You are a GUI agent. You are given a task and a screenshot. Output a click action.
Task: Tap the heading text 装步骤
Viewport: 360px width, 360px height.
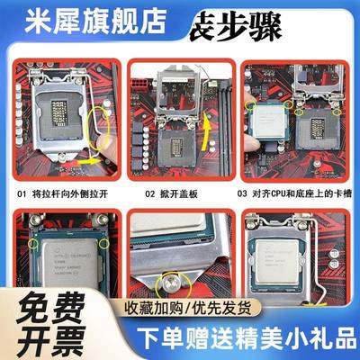click(x=220, y=31)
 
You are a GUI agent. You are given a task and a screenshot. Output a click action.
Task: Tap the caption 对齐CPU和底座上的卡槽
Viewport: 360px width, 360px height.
click(x=301, y=192)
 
